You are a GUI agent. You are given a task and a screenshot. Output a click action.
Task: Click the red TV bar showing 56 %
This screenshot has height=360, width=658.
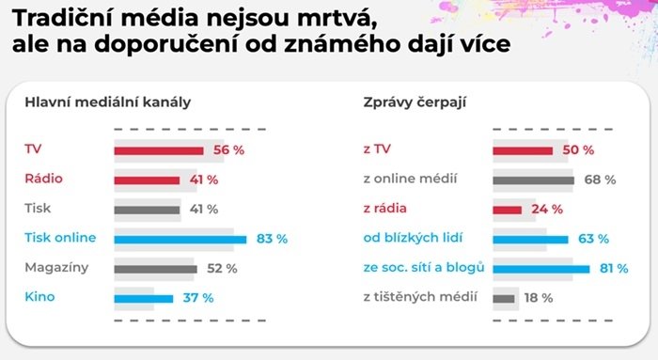[158, 150]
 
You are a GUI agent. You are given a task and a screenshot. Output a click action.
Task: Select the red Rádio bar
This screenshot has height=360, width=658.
[147, 180]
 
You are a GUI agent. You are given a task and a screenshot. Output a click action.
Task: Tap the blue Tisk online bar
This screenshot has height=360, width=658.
[180, 239]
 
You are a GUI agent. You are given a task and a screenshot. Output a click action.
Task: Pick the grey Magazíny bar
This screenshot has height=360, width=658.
[155, 269]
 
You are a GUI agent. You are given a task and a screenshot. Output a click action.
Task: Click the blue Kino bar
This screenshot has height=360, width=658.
[144, 298]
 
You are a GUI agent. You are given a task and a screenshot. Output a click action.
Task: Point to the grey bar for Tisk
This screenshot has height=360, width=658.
[147, 209]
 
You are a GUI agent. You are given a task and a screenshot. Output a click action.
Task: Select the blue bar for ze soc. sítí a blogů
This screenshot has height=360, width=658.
[541, 269]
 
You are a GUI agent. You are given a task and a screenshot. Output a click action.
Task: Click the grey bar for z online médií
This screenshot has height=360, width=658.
[533, 180]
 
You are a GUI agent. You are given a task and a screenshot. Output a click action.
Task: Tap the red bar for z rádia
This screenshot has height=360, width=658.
[507, 209]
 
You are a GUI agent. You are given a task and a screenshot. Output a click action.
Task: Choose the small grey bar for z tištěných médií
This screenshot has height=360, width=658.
[504, 298]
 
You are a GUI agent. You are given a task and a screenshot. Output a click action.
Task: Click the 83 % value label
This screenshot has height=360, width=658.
[272, 239]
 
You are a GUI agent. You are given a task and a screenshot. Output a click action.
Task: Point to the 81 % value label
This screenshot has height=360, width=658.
[614, 269]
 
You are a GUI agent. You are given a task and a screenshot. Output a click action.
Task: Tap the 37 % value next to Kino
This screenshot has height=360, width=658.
[198, 298]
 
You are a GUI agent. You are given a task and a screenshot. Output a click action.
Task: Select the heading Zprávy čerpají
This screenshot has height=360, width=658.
[415, 102]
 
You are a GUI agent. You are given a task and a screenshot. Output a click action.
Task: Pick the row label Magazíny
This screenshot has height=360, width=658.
[56, 269]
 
